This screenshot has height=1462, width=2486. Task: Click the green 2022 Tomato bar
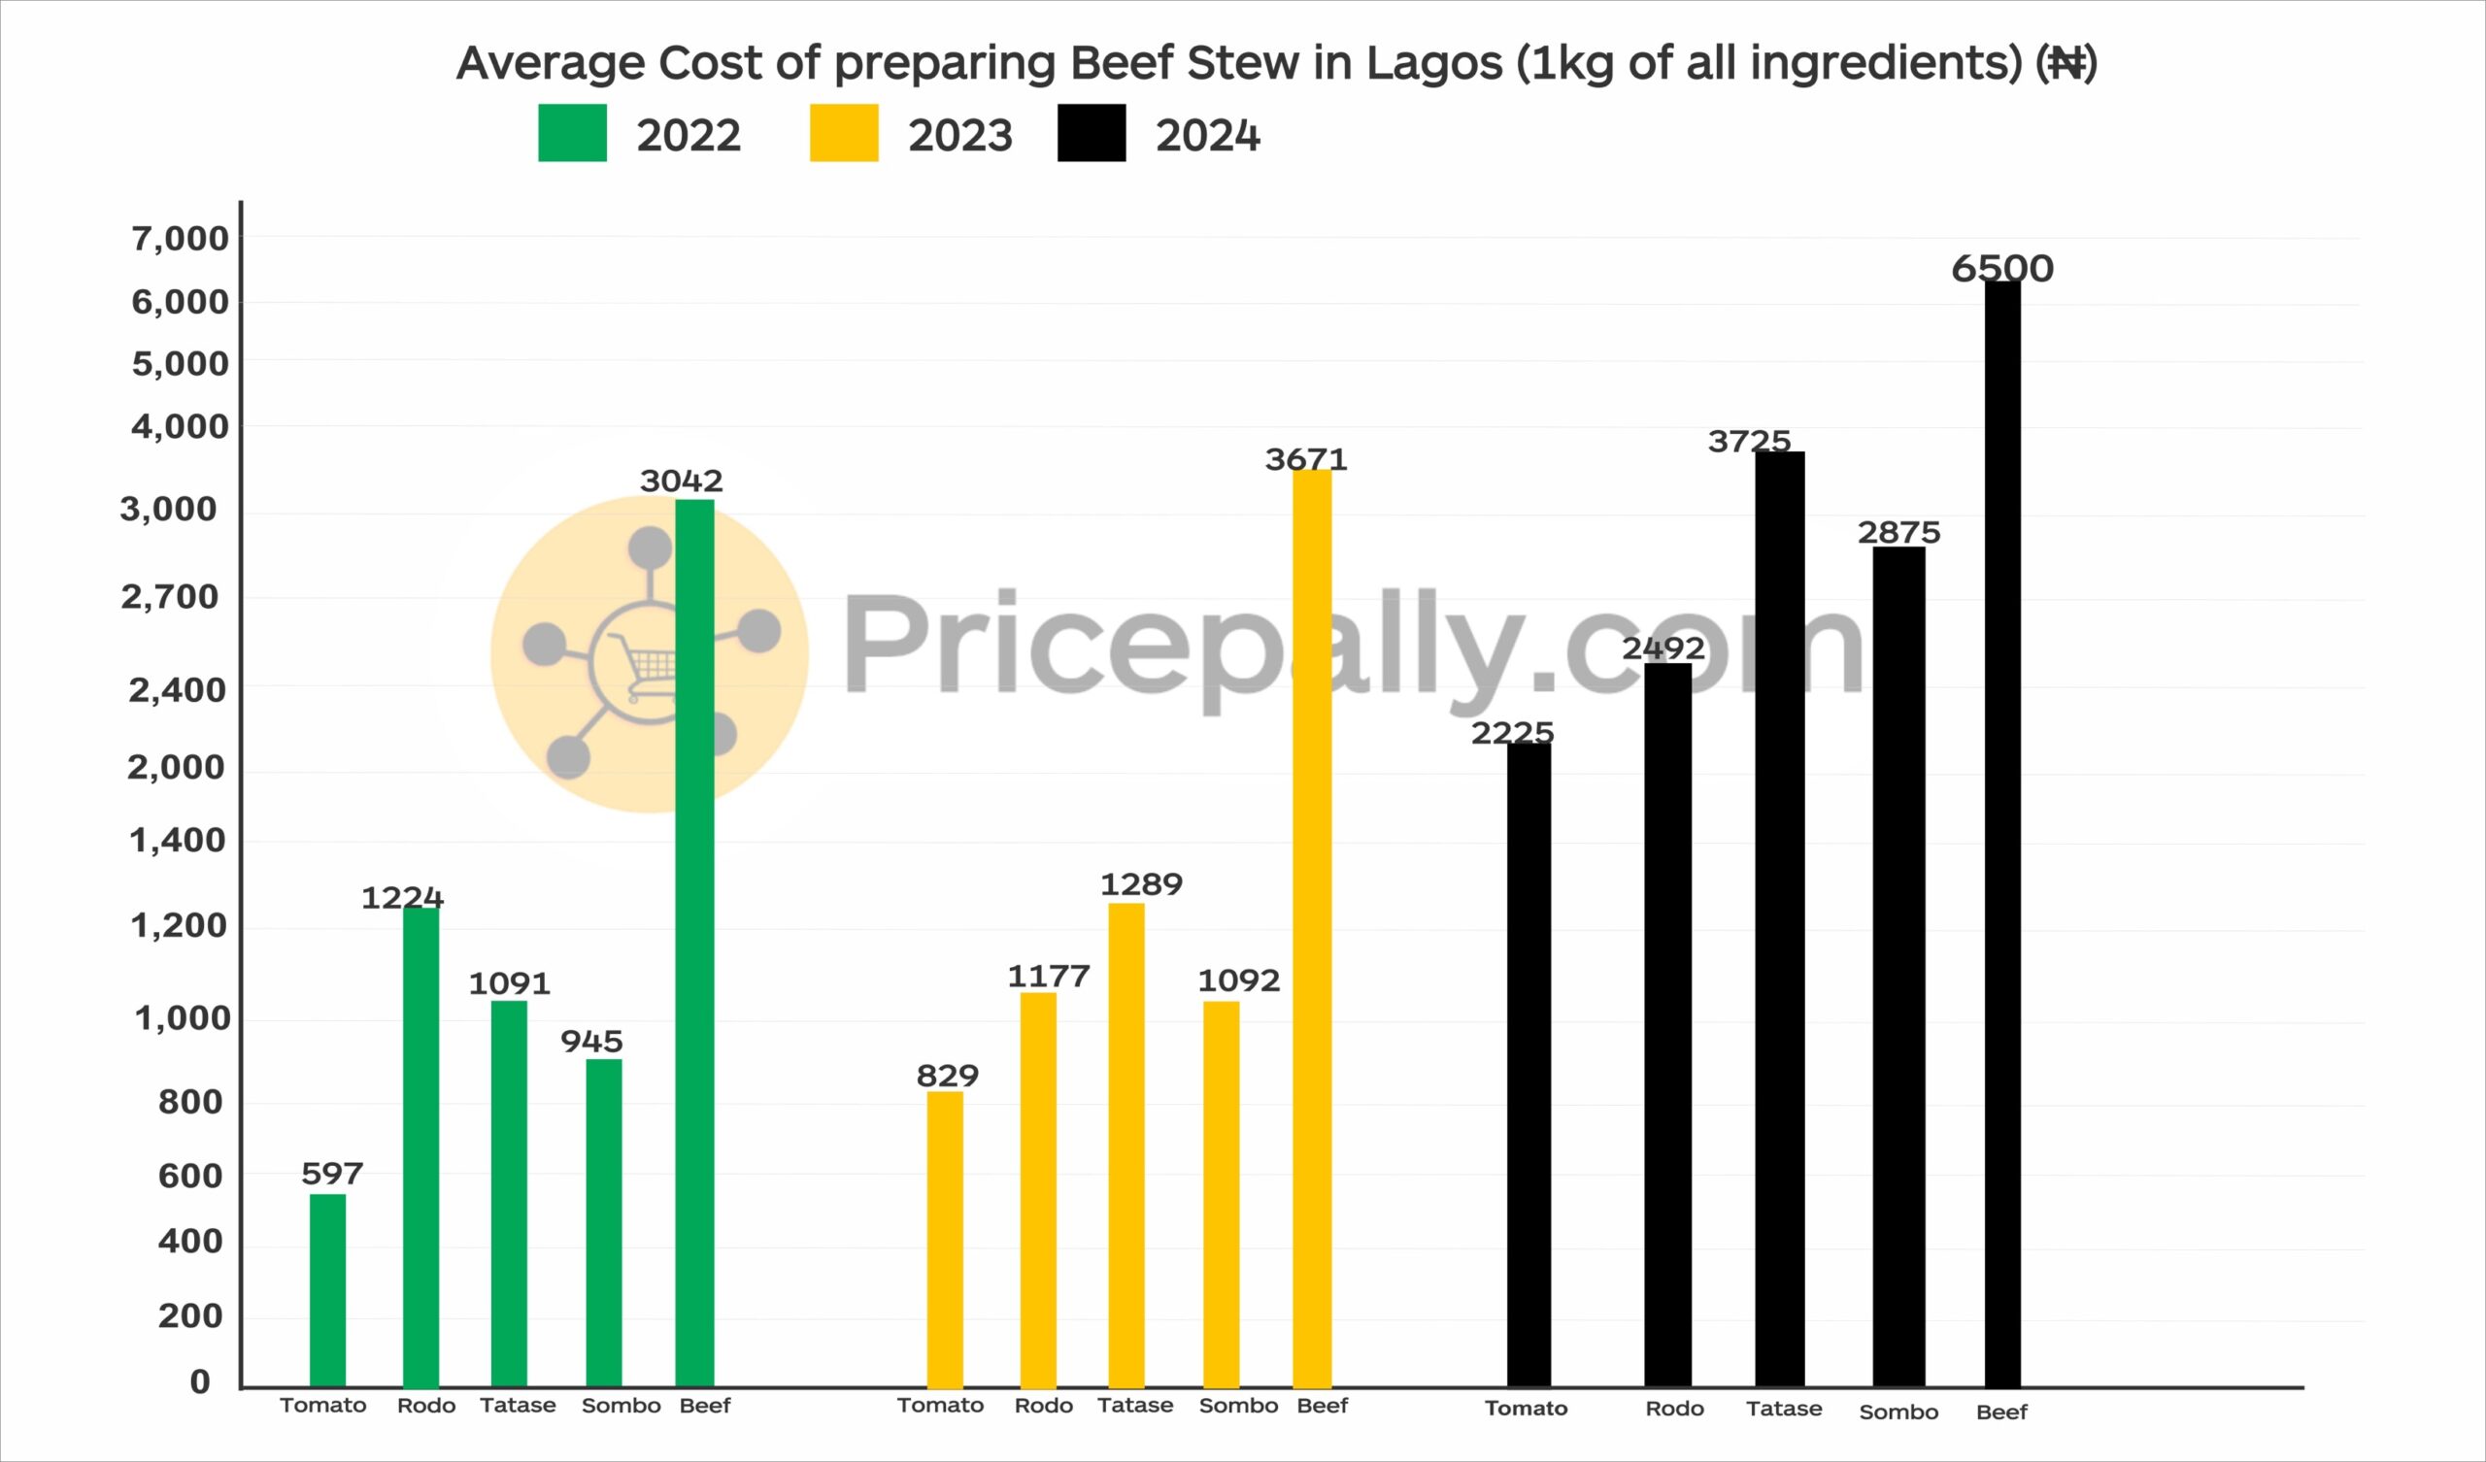tap(327, 1290)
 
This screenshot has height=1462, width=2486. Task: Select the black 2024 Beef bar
tap(2002, 834)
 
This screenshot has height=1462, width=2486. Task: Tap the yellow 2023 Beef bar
tap(1312, 927)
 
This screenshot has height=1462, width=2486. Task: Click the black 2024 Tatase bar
tap(1780, 917)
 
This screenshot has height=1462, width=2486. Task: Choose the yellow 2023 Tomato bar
tap(945, 1239)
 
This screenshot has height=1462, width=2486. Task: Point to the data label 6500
tap(2002, 268)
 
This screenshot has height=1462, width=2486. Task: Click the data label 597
tap(332, 1174)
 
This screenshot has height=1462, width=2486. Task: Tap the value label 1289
tap(1141, 884)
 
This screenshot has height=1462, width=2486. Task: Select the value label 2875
tap(1899, 533)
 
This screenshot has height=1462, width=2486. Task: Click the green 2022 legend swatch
tap(572, 133)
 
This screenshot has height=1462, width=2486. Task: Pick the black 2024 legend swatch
tap(1092, 133)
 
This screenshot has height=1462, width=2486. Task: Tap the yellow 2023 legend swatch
tap(844, 133)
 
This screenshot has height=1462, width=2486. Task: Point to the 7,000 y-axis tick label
tap(180, 238)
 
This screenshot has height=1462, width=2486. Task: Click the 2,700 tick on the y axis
tap(170, 597)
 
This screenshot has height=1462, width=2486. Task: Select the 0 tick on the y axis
tap(200, 1381)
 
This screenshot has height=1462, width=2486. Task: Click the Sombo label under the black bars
tap(1898, 1412)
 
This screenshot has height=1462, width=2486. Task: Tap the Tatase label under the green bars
tap(518, 1406)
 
